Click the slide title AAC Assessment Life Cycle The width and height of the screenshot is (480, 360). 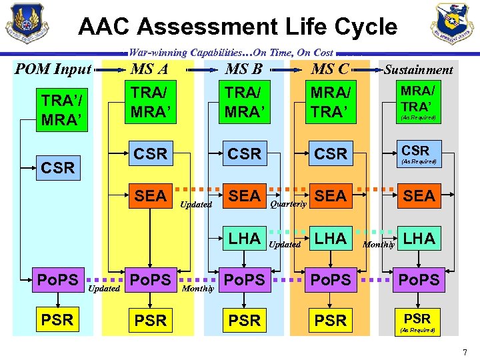click(x=237, y=27)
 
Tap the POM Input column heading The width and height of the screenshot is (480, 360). click(x=53, y=69)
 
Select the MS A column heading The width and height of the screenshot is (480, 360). click(x=149, y=69)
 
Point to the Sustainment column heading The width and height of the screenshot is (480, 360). click(x=418, y=70)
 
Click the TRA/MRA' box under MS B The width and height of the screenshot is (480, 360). click(x=244, y=102)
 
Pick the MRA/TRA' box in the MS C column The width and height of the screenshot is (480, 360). click(x=331, y=102)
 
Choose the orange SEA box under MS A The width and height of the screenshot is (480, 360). click(x=151, y=196)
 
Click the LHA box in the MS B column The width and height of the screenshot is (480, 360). click(x=245, y=238)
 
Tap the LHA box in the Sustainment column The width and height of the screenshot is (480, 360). click(x=419, y=238)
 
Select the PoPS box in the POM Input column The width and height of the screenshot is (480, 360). click(x=57, y=280)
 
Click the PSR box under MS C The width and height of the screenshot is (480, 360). click(x=331, y=321)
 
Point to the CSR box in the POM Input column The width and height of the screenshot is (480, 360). click(x=57, y=167)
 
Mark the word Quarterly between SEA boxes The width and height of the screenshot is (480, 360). click(x=289, y=205)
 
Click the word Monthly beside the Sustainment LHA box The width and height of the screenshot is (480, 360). click(x=379, y=245)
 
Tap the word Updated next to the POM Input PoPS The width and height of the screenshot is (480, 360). click(x=104, y=289)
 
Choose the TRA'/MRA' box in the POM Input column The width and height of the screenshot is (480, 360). click(x=57, y=111)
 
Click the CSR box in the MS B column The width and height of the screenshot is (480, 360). click(x=245, y=153)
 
